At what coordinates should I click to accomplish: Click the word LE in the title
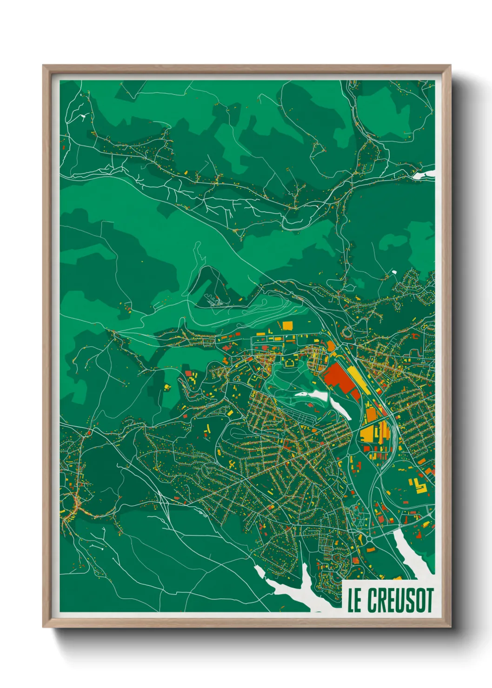[x=354, y=600]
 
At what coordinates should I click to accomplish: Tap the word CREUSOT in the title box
[x=400, y=600]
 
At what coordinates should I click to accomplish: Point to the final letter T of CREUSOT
[x=428, y=600]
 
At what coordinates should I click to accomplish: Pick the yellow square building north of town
[x=287, y=325]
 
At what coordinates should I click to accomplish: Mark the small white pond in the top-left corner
[x=82, y=116]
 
